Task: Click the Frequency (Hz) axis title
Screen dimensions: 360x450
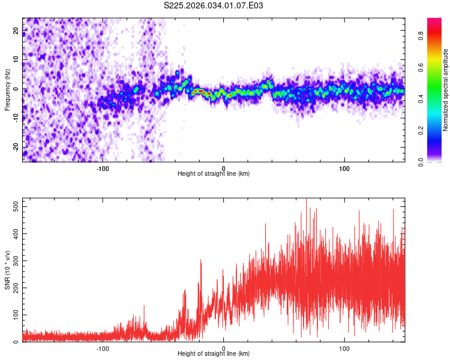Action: coord(7,90)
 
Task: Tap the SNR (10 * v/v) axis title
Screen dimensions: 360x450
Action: coord(7,271)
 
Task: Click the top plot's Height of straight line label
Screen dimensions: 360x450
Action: coord(214,173)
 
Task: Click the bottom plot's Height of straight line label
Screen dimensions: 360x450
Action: coord(214,353)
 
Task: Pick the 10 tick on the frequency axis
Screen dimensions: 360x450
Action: coord(16,60)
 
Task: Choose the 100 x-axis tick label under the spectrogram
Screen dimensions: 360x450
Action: coord(344,167)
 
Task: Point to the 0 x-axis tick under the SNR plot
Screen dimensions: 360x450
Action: coord(223,347)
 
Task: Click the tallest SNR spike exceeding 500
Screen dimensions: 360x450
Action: coord(306,200)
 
